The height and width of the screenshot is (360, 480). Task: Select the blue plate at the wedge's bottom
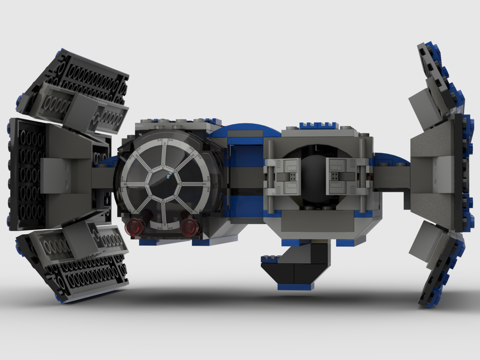point(295,287)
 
